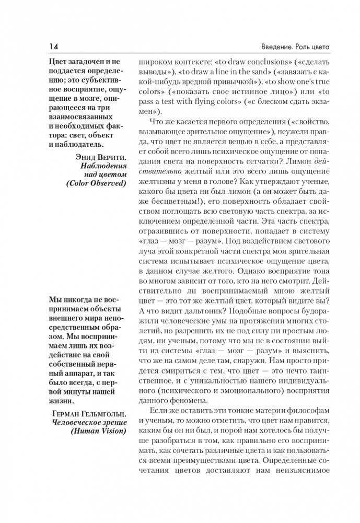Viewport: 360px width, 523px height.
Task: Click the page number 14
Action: pyautogui.click(x=54, y=48)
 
